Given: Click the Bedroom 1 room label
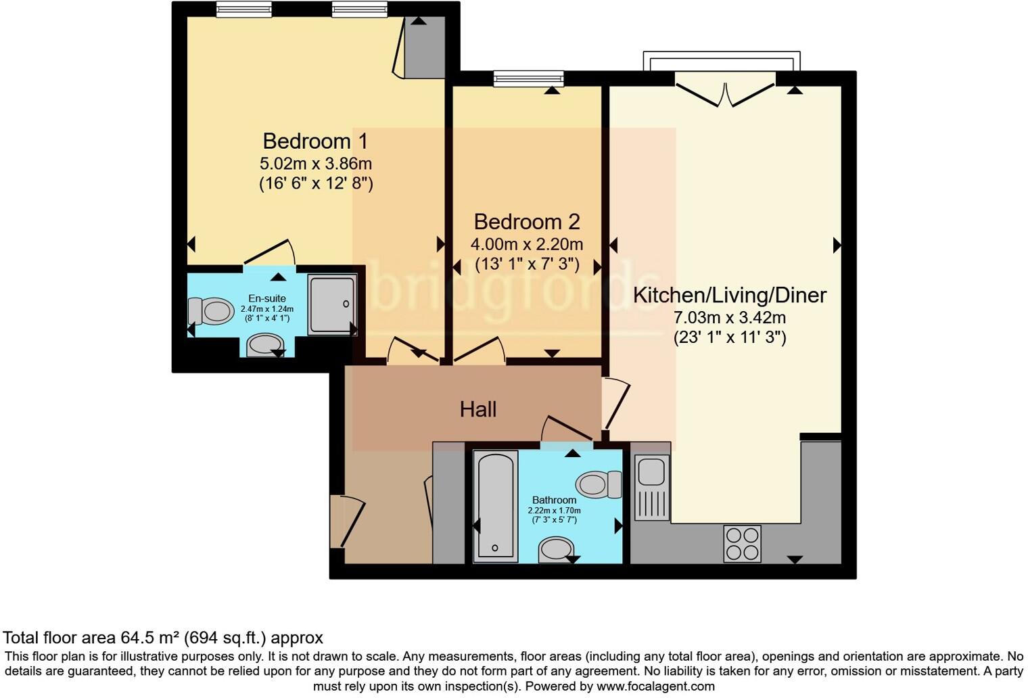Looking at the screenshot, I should tap(315, 141).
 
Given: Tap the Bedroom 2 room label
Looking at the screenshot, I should tap(527, 222).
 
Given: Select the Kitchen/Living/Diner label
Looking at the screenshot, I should tap(729, 295).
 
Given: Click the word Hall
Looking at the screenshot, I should tap(478, 409).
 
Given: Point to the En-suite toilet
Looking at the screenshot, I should tap(212, 311).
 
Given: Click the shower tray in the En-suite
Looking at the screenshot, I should tap(332, 304).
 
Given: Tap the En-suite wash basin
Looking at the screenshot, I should tap(264, 346).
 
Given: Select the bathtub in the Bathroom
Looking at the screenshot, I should tap(496, 505).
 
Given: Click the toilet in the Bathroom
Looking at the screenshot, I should tap(598, 484).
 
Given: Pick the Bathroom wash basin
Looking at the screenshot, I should tap(557, 549).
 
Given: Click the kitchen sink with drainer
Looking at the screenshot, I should tap(652, 487).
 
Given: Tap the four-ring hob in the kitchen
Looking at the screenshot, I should tap(742, 544).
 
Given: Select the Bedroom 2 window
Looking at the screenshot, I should tap(528, 79).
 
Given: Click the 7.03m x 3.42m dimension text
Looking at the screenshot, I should tap(729, 317).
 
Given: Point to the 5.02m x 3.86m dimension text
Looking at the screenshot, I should tap(315, 164).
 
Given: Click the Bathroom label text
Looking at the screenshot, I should tap(554, 501).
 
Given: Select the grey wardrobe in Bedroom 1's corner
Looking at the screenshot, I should tap(425, 47).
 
